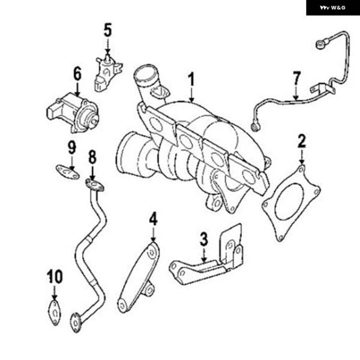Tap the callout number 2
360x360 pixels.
pyautogui.click(x=301, y=142)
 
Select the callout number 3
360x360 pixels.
pyautogui.click(x=204, y=239)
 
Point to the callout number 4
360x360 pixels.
pyautogui.click(x=154, y=218)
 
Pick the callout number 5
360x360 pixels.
pyautogui.click(x=107, y=29)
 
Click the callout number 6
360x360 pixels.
pyautogui.click(x=77, y=74)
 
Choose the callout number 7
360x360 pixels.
pyautogui.click(x=296, y=78)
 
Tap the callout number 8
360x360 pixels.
pyautogui.click(x=92, y=158)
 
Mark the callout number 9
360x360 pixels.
pyautogui.click(x=71, y=147)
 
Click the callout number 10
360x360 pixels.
pyautogui.click(x=55, y=277)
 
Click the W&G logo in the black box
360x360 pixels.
pyautogui.click(x=333, y=7)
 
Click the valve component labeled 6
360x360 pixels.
pyautogui.click(x=72, y=112)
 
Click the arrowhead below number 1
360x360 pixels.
pyautogui.click(x=191, y=98)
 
